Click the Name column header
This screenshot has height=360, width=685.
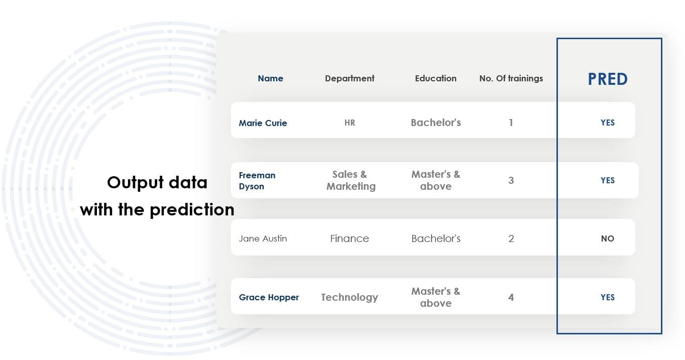pos(270,78)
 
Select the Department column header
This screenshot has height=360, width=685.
pos(350,79)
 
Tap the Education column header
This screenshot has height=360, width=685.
pos(435,78)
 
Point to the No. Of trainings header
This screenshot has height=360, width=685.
pos(511,79)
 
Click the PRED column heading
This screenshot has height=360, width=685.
pos(608,79)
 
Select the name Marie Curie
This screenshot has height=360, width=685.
pos(263,123)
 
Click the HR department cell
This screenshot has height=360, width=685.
pos(350,123)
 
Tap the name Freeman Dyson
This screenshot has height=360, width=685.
pos(257,181)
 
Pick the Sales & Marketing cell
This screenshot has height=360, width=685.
pos(351,180)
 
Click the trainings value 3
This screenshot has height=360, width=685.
pos(511,180)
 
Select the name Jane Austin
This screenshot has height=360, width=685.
pos(263,238)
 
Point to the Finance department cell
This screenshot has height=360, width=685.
pos(350,238)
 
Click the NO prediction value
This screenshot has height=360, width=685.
pos(607,238)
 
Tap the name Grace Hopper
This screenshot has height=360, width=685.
pos(269,297)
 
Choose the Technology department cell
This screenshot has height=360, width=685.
pos(350,297)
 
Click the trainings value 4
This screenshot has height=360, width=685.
pos(511,297)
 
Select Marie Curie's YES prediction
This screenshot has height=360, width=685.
pos(607,123)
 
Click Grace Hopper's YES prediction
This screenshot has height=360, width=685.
pos(607,297)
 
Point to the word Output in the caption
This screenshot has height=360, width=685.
pos(135,183)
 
